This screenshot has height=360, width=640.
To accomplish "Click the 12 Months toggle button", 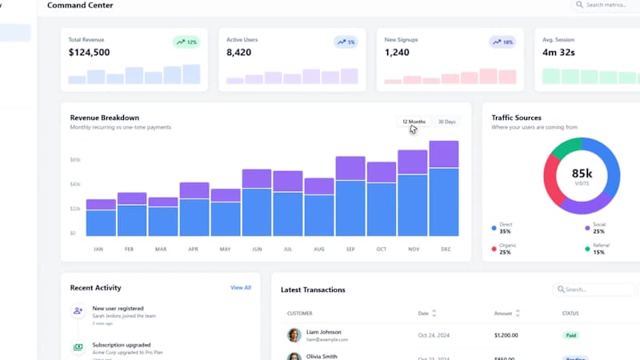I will pos(414,122).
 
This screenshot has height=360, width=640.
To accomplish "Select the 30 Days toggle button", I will pos(446,122).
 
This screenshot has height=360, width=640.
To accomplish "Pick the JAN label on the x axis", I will pos(98,249).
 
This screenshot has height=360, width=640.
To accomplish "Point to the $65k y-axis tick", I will pos(75,160).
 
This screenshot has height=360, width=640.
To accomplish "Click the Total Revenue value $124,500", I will pos(90,53).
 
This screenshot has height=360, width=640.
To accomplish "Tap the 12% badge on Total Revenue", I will pos(187,42).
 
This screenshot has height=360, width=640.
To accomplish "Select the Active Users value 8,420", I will pos(239,53).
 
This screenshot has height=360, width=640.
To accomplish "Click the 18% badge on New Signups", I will pos(504,42).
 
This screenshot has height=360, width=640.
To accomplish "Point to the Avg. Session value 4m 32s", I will pos(560,53).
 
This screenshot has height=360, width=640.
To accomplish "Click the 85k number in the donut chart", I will pos(582,173).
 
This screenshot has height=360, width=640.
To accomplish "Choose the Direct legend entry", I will pos(505,228).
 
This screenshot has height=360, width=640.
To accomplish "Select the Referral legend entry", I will pos(599,249).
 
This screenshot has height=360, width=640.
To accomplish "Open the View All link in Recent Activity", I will pos(241,287).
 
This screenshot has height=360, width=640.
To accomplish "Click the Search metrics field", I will pos(608,5).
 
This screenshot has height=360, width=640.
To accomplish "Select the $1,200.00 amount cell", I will pos(506,335).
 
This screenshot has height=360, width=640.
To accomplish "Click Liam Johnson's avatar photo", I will pos(294,335).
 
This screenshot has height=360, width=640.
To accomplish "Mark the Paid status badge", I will pos(570,335).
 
